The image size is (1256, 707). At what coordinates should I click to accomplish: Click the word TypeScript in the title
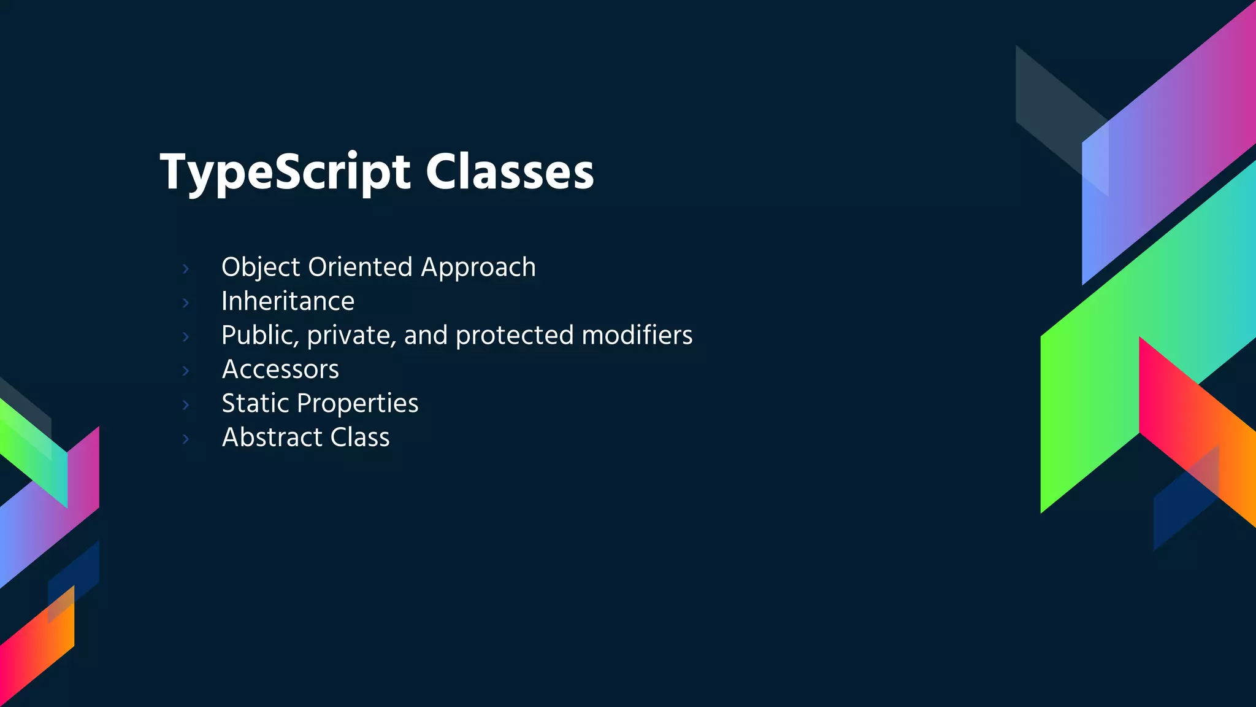click(285, 172)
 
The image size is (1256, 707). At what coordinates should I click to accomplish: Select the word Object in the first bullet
click(261, 268)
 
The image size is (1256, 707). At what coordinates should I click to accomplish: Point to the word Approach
click(478, 268)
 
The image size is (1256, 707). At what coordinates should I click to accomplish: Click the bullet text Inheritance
click(288, 301)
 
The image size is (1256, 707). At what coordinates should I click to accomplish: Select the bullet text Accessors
click(280, 369)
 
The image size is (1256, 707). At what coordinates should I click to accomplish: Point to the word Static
click(255, 403)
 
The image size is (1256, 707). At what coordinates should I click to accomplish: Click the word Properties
click(358, 403)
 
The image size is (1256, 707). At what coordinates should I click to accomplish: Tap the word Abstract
click(272, 438)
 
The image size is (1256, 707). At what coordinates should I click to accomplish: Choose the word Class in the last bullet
click(360, 438)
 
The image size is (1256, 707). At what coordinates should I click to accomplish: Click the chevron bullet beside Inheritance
click(186, 303)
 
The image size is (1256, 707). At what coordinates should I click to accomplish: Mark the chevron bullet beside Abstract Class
click(186, 439)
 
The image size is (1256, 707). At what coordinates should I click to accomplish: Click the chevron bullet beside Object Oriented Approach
click(186, 269)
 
